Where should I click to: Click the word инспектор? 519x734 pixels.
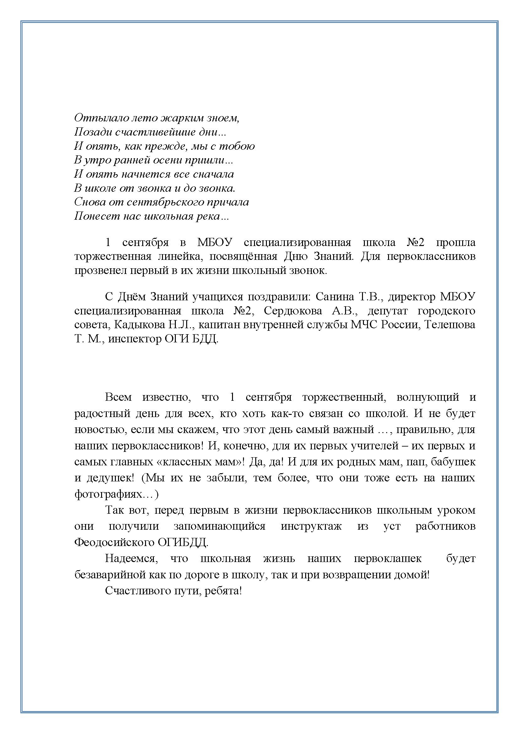[x=135, y=339]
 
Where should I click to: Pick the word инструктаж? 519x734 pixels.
[x=311, y=527]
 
